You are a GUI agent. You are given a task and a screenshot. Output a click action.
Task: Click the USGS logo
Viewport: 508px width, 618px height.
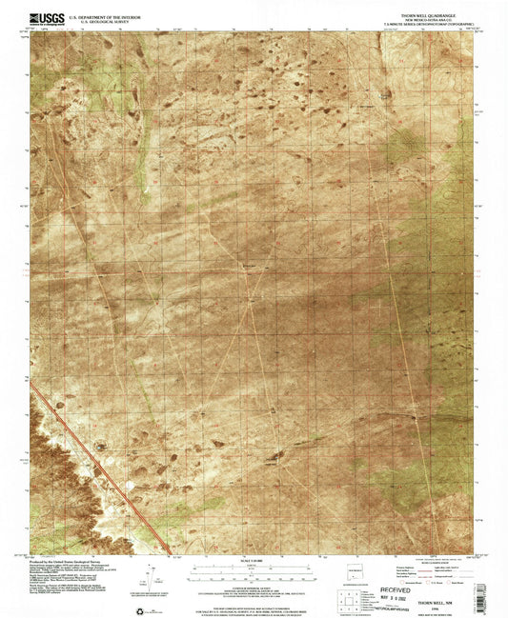(x=44, y=17)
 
